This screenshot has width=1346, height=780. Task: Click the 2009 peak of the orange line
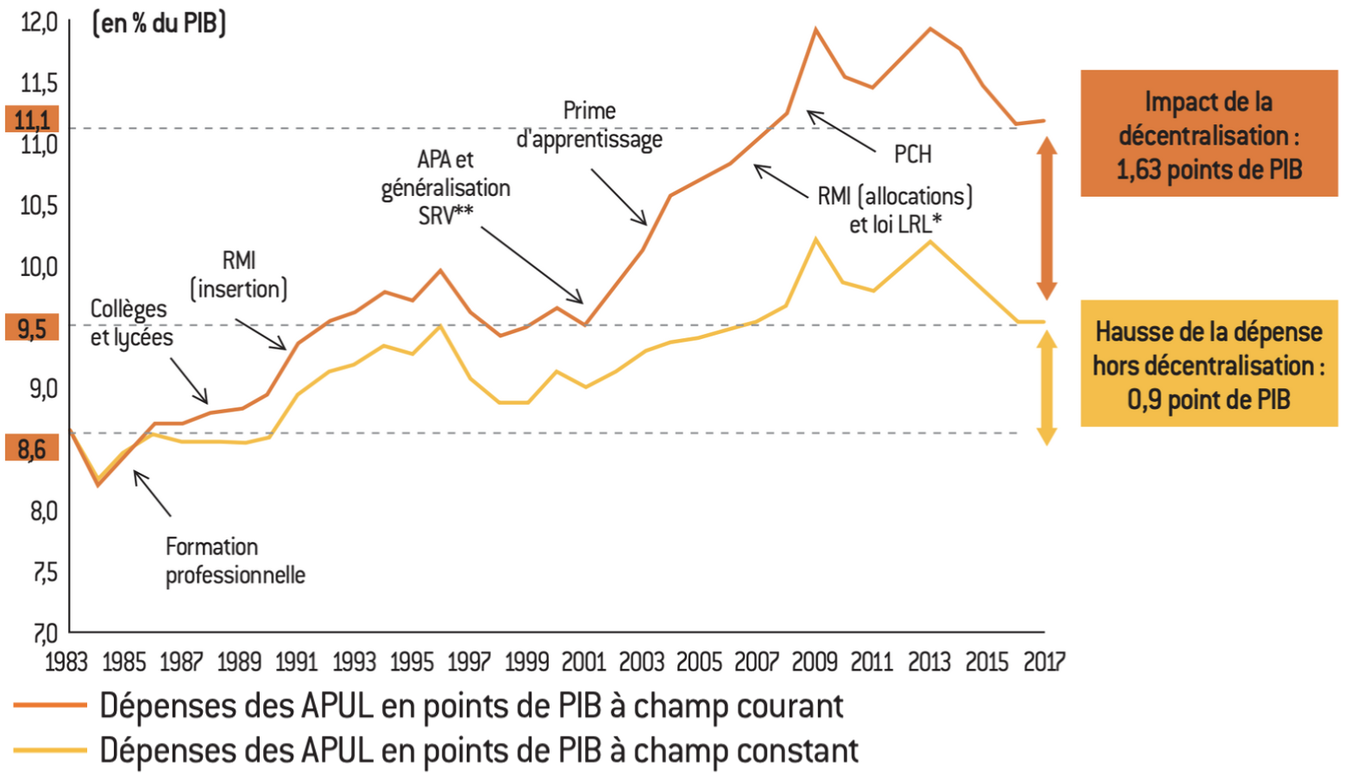[x=815, y=30]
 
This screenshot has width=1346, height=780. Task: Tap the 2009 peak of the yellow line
[x=815, y=240]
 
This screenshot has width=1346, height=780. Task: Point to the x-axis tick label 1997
[x=469, y=662]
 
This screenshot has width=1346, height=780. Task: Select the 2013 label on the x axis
[x=929, y=662]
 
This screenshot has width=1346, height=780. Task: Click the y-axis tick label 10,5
[x=38, y=205]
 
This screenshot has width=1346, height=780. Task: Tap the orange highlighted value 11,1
[x=33, y=119]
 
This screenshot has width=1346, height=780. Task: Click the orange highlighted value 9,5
[x=33, y=329]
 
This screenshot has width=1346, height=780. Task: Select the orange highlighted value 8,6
[x=33, y=449]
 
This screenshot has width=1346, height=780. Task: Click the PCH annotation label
[x=912, y=154]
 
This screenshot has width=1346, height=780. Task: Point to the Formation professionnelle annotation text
[x=235, y=561]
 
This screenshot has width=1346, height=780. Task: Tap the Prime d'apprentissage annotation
[x=589, y=125]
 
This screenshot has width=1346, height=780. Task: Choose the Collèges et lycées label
[x=131, y=323]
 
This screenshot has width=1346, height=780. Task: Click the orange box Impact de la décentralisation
[x=1208, y=135]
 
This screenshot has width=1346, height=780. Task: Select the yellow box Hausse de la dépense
[x=1208, y=364]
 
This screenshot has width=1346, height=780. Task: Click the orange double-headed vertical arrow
[x=1047, y=218]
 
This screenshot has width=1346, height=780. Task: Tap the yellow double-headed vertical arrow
[x=1047, y=387]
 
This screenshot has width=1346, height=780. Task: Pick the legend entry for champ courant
[x=470, y=706]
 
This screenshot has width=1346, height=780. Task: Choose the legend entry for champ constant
[x=479, y=751]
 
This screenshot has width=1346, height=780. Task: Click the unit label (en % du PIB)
[x=159, y=23]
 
